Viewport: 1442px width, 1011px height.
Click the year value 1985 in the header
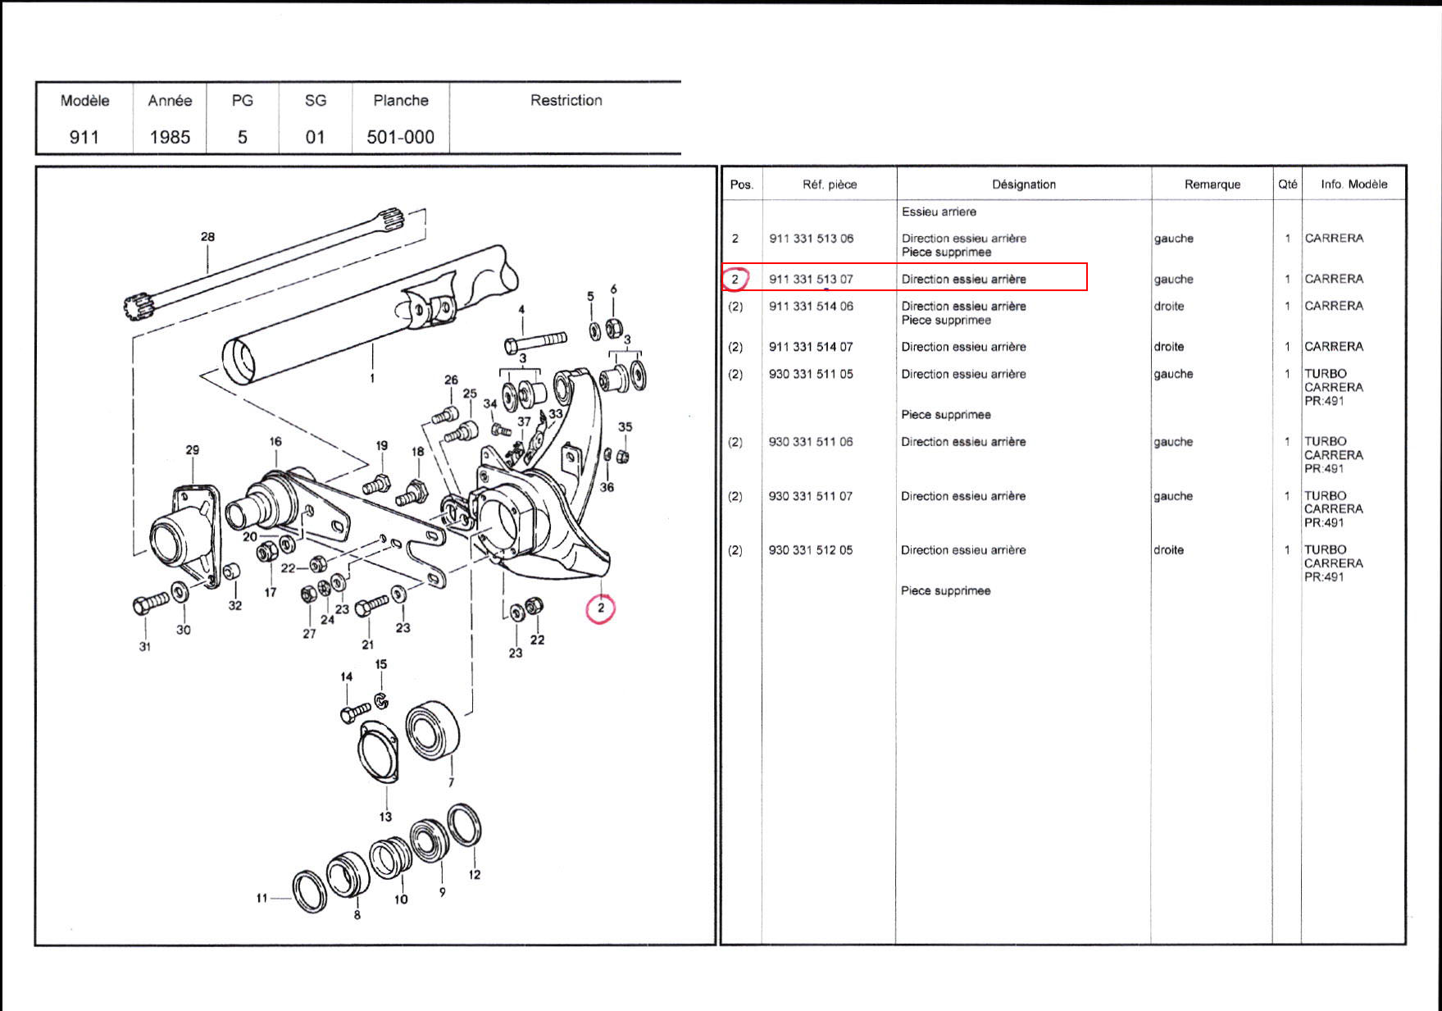pos(170,137)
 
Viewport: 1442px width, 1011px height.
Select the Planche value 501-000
pos(400,137)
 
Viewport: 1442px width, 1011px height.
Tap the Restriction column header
pos(566,100)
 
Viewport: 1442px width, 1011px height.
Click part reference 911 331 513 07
pos(811,279)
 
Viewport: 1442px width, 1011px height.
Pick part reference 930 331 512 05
pos(810,550)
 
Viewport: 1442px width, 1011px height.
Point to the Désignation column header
pos(1024,184)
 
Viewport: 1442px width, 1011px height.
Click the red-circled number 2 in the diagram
pos(601,608)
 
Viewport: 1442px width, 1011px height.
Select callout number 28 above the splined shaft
pos(207,237)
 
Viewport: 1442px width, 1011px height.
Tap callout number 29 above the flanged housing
pos(192,450)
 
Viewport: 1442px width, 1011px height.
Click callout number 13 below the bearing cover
pos(385,817)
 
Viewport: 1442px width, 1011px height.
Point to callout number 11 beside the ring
pos(262,898)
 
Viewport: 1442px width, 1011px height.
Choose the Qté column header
pos(1287,184)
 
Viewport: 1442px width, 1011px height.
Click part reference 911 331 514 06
pos(811,306)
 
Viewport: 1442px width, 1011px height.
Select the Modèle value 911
pos(84,137)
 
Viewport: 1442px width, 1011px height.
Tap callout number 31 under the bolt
pos(145,646)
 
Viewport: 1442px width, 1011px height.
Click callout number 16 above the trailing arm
pos(275,442)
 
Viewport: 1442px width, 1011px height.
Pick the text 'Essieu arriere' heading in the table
pos(939,212)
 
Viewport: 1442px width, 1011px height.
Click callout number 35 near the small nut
pos(625,427)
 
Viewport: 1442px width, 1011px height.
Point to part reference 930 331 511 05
pos(811,374)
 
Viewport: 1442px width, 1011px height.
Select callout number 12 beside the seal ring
pos(475,875)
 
